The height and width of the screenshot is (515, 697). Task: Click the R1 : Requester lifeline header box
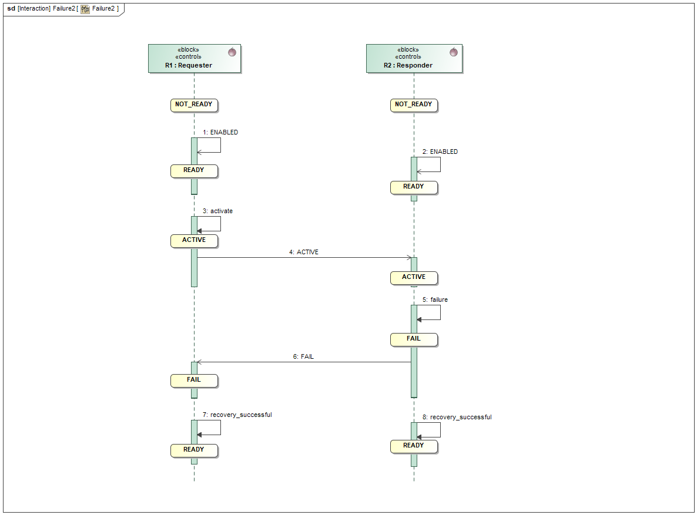click(195, 59)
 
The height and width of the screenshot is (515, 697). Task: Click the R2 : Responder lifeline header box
click(414, 59)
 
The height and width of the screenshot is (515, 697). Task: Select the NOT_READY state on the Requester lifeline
click(194, 105)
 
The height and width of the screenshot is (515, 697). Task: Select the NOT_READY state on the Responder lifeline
click(414, 105)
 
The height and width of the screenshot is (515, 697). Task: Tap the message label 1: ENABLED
click(220, 133)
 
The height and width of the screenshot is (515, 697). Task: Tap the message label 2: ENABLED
click(440, 152)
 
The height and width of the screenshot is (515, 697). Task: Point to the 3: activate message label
click(217, 211)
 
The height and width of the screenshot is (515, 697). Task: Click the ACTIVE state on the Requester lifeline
click(194, 240)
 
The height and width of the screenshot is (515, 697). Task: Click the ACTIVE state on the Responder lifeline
click(414, 277)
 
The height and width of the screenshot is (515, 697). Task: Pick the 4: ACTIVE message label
click(304, 253)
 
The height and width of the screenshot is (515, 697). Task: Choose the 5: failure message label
click(435, 300)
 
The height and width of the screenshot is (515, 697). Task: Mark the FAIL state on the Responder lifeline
click(414, 339)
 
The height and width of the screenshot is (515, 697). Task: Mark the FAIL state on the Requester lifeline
click(194, 380)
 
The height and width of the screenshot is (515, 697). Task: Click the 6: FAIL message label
click(303, 357)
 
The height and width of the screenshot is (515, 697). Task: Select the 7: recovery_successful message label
click(237, 415)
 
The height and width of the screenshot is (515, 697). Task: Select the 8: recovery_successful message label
click(457, 418)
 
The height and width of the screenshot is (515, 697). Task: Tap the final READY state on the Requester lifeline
click(194, 450)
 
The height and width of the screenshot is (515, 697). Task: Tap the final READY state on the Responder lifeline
click(414, 446)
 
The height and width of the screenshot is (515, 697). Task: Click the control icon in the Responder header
click(453, 52)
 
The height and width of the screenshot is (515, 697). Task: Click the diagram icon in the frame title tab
click(85, 9)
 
